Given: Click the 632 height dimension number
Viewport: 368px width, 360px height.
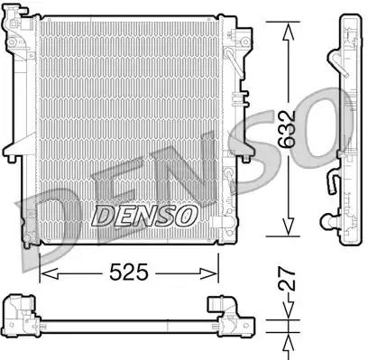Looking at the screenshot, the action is [287, 129].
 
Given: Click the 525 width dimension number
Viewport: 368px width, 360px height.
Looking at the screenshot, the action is [129, 272].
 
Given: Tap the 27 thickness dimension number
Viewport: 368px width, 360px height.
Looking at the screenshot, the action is [286, 278].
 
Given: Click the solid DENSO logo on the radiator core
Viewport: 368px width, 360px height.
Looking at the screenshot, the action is [144, 216].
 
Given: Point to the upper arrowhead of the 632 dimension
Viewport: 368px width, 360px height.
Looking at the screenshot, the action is [288, 32].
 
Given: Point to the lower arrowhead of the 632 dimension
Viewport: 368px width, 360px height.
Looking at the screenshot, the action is [288, 226].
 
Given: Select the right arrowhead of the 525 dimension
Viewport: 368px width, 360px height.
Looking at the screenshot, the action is [209, 273].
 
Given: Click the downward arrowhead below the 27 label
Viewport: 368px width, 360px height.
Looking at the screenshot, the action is [289, 309].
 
